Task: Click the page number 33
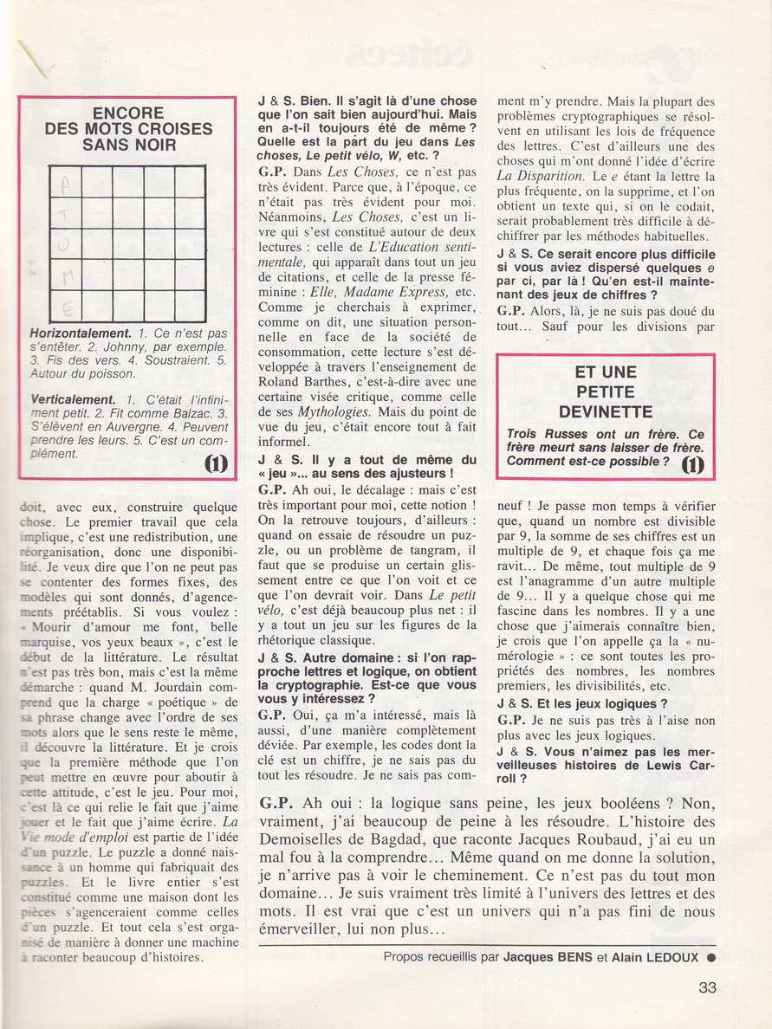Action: [x=709, y=987]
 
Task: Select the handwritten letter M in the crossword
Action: [x=65, y=275]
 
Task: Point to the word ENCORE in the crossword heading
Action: [x=127, y=113]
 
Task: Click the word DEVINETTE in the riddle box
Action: [x=606, y=411]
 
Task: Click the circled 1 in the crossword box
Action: [x=216, y=464]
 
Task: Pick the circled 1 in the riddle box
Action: [x=692, y=466]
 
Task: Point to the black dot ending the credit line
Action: [x=710, y=957]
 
